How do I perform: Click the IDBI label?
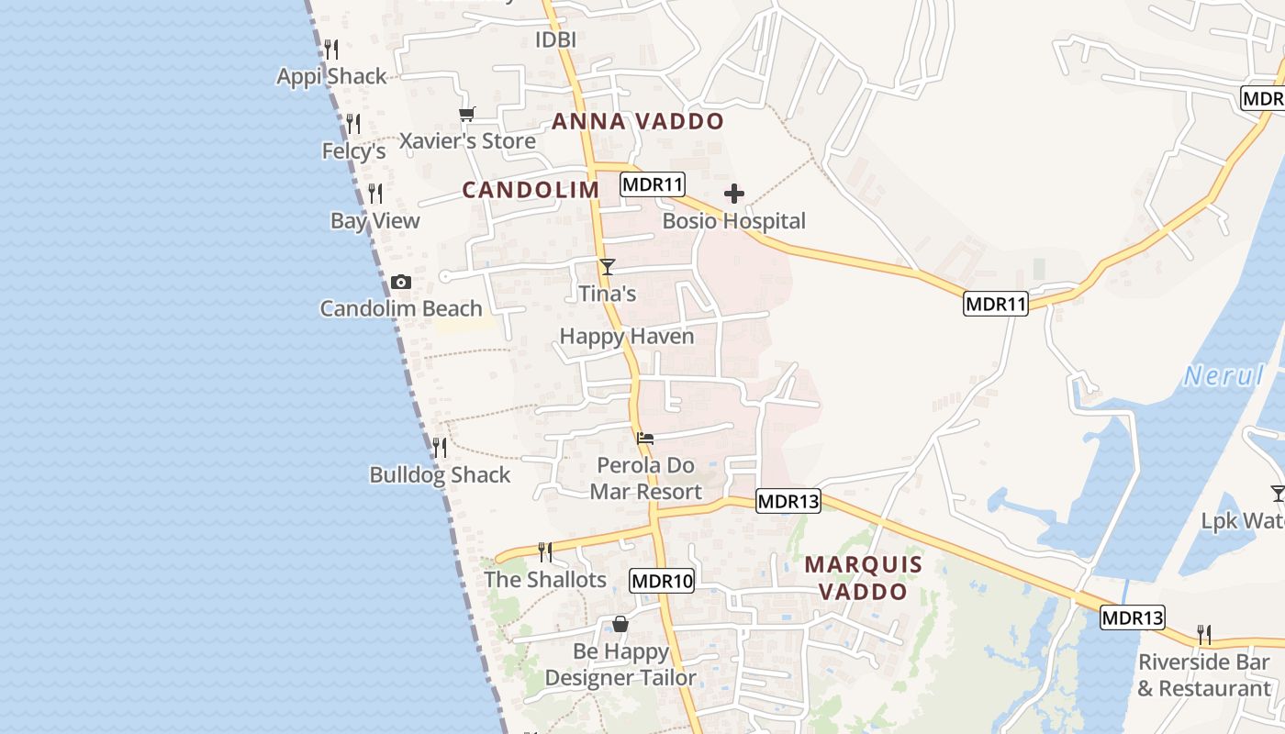(555, 39)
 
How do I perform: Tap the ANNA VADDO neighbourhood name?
(638, 121)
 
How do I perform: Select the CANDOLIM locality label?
(531, 190)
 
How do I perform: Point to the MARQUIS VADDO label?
(863, 578)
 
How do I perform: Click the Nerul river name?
(1224, 375)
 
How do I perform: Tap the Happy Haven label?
(627, 337)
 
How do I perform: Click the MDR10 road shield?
(662, 580)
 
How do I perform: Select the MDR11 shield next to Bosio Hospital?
(653, 183)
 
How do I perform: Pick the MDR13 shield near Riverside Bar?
(1133, 617)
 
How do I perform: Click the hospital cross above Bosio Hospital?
(734, 194)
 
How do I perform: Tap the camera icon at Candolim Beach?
(400, 283)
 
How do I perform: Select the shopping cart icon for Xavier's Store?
(467, 115)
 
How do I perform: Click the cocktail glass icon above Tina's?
(607, 267)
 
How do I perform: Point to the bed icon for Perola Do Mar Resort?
(645, 439)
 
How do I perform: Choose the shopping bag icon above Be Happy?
(620, 624)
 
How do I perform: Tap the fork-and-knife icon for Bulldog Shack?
(440, 448)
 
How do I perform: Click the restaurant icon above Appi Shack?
(331, 49)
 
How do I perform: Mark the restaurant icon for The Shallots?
(545, 551)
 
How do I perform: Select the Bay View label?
(375, 221)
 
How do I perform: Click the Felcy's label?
(353, 150)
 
